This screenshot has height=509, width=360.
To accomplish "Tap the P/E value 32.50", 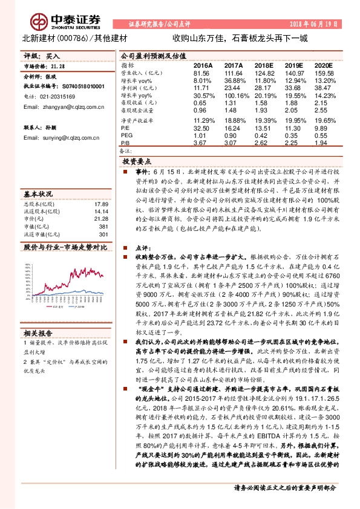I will [x=201, y=128].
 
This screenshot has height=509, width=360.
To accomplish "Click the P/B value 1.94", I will [x=323, y=144].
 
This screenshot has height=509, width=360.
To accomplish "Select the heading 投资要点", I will [x=137, y=162].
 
